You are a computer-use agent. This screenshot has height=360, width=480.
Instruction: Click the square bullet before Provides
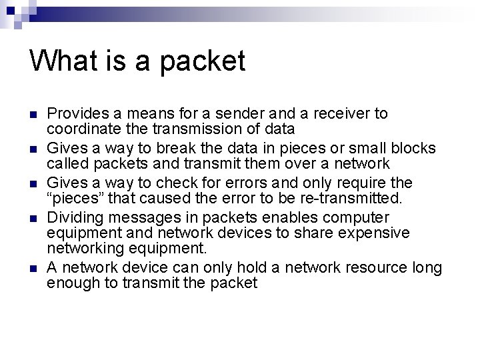coord(33,115)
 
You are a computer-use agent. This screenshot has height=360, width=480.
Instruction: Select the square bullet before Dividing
coord(33,218)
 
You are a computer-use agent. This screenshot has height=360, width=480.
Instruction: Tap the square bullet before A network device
coord(33,268)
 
